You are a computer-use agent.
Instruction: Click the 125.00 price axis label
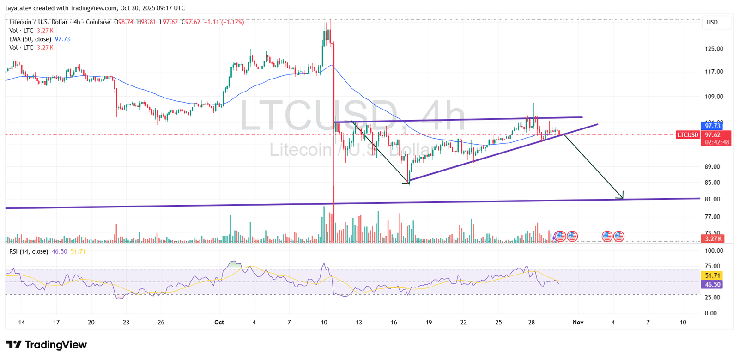[x=714, y=49]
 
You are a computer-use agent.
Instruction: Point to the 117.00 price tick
[x=714, y=72]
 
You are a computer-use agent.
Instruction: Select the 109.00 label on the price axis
[x=714, y=97]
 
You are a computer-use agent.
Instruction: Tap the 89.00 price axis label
[x=712, y=166]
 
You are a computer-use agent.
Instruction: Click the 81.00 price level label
[x=712, y=199]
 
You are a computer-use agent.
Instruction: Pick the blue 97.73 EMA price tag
[x=712, y=126]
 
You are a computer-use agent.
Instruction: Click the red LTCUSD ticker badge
[x=688, y=135]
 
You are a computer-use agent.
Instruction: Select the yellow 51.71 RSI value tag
[x=712, y=275]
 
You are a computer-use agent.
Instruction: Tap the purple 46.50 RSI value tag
[x=712, y=284]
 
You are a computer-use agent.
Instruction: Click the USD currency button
[x=712, y=22]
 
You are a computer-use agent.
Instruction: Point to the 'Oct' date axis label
[x=219, y=322]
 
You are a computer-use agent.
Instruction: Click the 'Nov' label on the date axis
[x=578, y=322]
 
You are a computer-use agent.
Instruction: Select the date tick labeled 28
[x=532, y=322]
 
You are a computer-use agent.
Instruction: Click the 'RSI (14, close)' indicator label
[x=29, y=251]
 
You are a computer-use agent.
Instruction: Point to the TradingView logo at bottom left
[x=47, y=345]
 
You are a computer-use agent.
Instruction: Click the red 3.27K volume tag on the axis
[x=712, y=239]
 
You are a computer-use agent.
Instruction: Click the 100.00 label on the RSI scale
[x=714, y=250]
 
